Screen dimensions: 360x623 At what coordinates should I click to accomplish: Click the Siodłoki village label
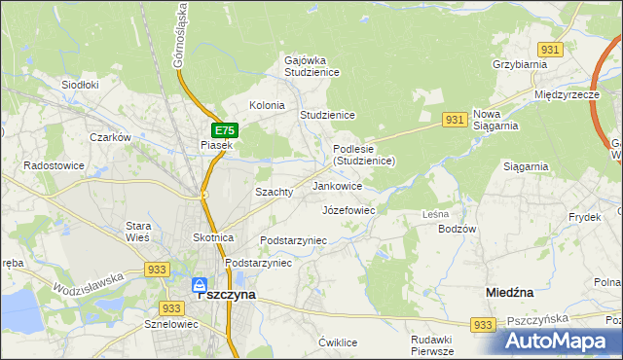point(81,85)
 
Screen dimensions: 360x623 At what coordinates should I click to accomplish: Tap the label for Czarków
point(110,137)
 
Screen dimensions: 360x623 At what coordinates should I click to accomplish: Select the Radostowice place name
point(55,165)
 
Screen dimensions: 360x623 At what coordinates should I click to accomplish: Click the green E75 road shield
point(224,129)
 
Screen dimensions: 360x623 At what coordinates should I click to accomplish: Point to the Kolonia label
point(267,105)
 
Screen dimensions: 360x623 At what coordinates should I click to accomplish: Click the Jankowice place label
point(338,186)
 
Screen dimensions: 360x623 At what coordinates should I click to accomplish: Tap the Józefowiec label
point(348,209)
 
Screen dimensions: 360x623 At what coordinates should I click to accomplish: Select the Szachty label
point(274,192)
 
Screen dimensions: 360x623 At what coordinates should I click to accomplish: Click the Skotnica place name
point(213,237)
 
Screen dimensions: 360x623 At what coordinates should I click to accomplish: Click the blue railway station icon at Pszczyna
point(199,284)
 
